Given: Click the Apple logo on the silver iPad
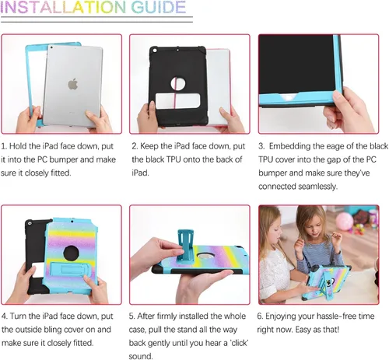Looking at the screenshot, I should coord(72,82).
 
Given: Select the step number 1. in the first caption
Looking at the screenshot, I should coord(5,145).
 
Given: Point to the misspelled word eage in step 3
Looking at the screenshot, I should coord(329,145).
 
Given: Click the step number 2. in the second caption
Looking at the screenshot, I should coord(135,145).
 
